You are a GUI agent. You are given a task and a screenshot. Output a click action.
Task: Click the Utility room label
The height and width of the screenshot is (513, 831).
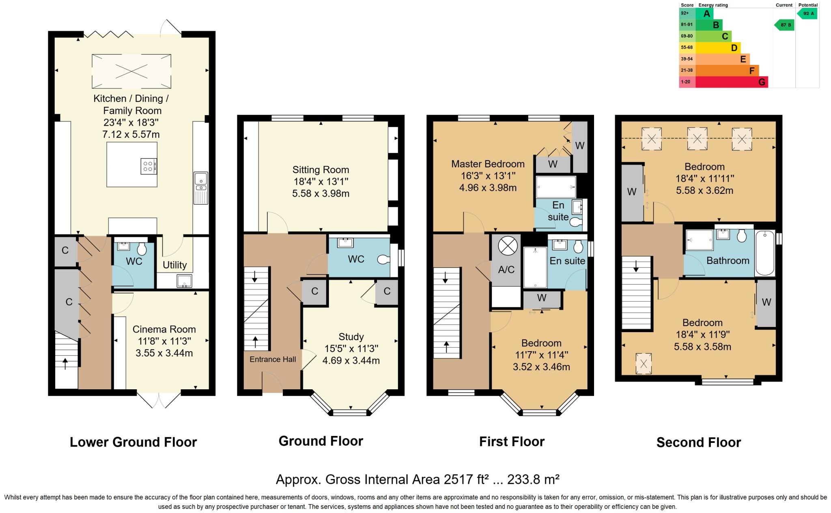(x=174, y=265)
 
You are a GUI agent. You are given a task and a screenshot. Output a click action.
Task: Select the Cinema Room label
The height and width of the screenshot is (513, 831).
(x=164, y=329)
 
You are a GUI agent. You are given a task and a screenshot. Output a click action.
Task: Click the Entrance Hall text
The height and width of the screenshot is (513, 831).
(x=273, y=359)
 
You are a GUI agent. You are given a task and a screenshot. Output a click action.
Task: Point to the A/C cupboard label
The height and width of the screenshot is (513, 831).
(x=506, y=270)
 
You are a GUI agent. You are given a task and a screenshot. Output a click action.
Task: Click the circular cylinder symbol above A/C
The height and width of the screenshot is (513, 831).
(x=507, y=246)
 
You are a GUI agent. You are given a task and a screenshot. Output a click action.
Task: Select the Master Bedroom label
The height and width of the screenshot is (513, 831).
(x=488, y=164)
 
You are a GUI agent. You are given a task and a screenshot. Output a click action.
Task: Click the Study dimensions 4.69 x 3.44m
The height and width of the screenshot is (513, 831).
(x=351, y=360)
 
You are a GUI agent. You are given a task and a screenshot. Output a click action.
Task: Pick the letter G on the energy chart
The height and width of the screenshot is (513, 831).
(x=762, y=82)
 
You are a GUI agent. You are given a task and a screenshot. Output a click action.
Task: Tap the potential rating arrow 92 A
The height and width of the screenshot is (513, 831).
(x=807, y=14)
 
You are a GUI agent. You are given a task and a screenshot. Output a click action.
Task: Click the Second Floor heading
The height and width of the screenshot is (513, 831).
(x=698, y=442)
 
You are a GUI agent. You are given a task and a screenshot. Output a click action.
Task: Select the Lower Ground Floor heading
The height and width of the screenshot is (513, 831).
(x=133, y=442)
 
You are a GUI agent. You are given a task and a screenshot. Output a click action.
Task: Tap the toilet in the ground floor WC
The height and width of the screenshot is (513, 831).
(x=383, y=260)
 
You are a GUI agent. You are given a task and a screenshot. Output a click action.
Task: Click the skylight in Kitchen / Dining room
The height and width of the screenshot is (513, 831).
(x=131, y=71)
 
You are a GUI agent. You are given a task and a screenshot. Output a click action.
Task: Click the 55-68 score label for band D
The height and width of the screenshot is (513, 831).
(x=687, y=47)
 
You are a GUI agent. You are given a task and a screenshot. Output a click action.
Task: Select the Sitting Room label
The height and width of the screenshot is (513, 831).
(x=321, y=170)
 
